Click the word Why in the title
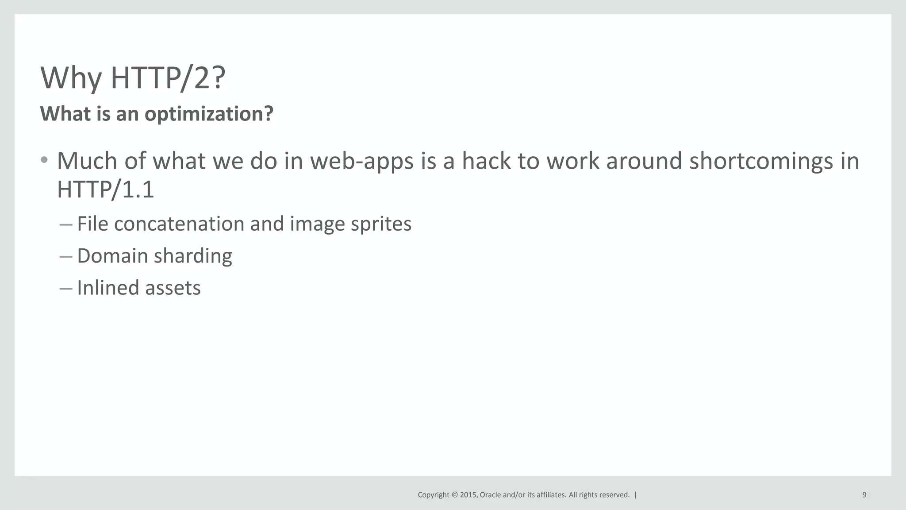71,78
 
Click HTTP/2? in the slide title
168,78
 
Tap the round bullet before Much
44,160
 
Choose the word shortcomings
761,161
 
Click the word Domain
112,255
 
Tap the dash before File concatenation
65,224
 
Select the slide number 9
864,495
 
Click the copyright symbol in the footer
454,495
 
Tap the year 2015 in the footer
468,495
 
